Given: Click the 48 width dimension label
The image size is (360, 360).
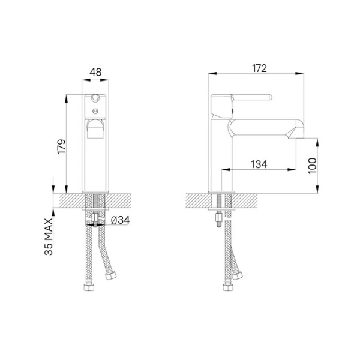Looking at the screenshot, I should point(95,72).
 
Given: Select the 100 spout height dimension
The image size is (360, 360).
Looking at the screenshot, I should point(311,166).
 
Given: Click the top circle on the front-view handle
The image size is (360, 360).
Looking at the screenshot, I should point(95,98).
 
